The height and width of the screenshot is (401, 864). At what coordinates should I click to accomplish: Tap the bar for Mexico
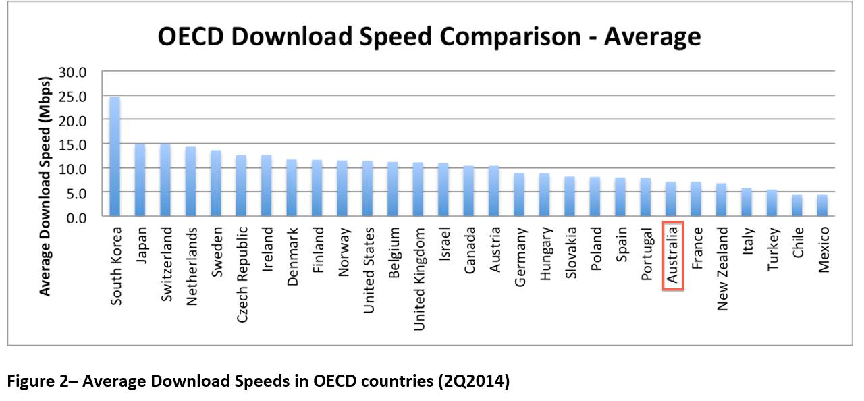[821, 205]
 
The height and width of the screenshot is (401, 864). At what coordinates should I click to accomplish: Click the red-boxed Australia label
[673, 256]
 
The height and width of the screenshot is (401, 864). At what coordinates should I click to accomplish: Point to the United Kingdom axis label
[418, 278]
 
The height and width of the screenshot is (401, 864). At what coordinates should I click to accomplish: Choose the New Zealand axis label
[722, 267]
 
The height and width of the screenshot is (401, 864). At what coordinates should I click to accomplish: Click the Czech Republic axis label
[242, 273]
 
